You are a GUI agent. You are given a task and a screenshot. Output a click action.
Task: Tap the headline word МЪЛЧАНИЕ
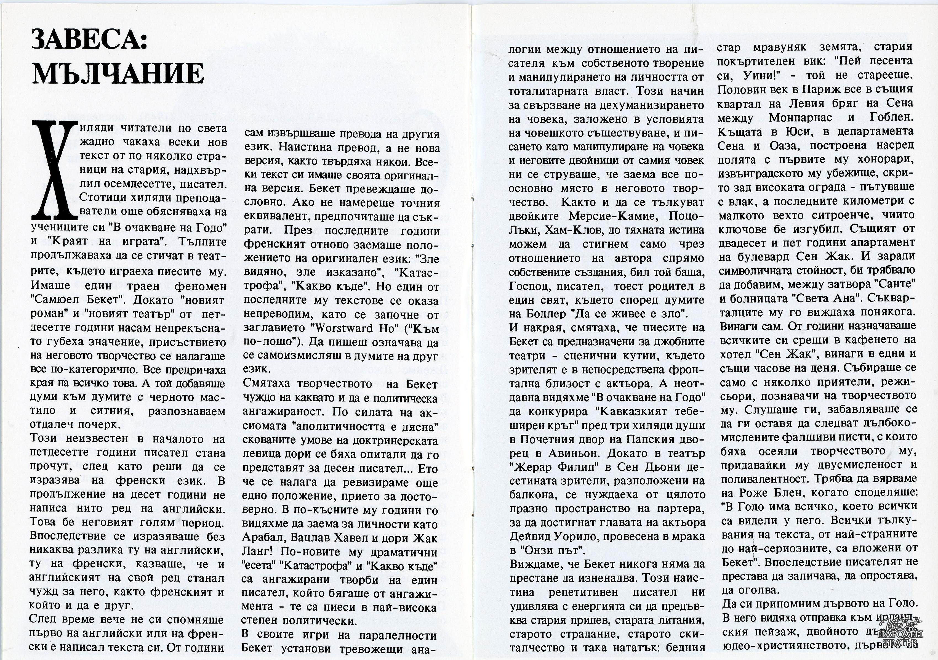(117, 73)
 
